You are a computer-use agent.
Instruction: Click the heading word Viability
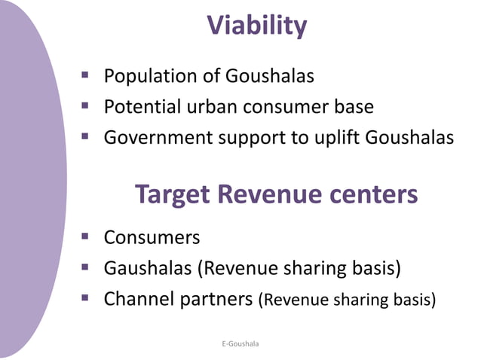(x=257, y=26)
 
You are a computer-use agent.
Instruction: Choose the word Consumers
(x=152, y=237)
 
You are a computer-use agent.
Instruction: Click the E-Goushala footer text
(x=240, y=343)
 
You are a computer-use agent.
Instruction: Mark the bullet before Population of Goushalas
(x=86, y=76)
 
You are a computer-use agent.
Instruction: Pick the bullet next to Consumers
(x=86, y=237)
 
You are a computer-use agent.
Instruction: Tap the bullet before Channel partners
(x=86, y=299)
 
